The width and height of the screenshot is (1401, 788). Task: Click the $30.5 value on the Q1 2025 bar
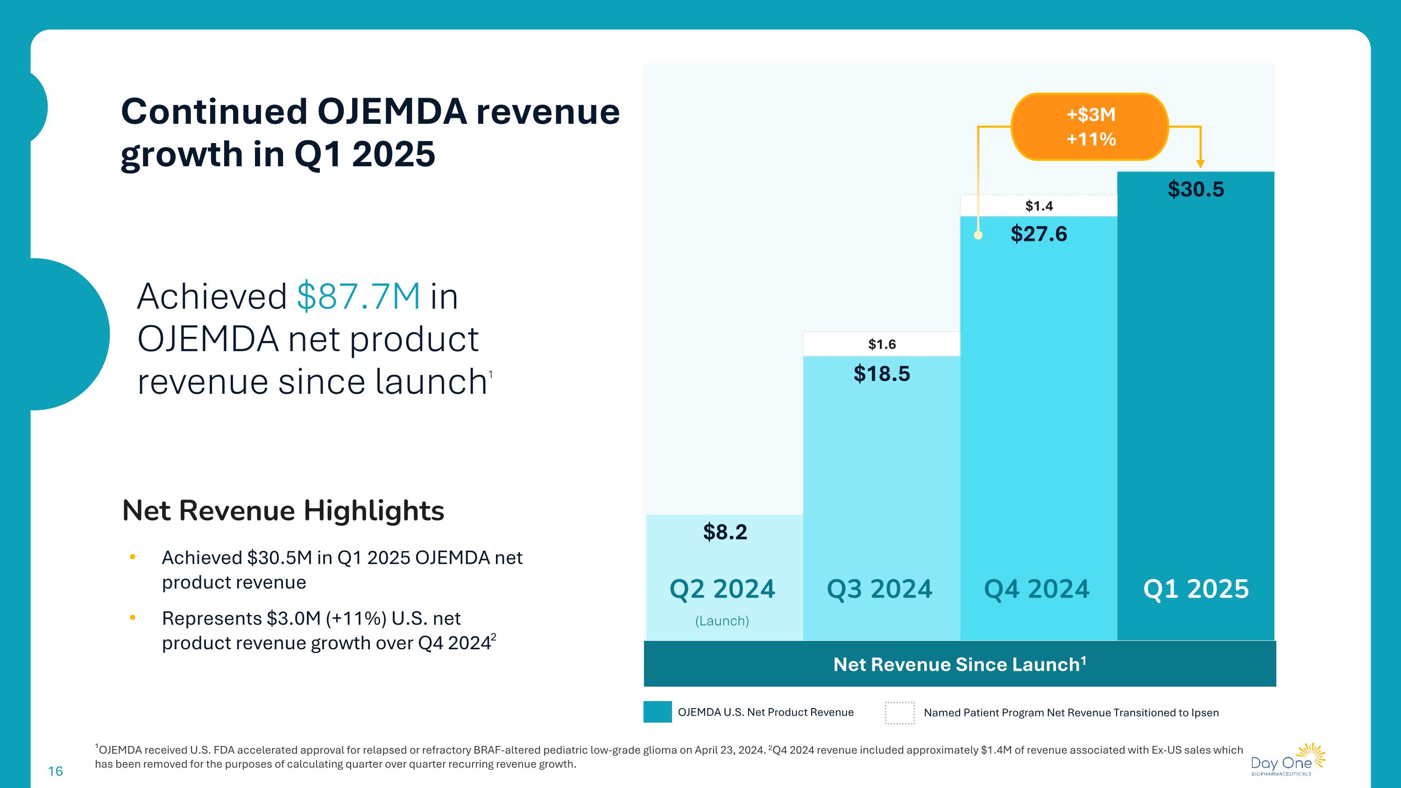pyautogui.click(x=1196, y=189)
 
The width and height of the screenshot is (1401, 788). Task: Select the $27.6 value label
pyautogui.click(x=1039, y=234)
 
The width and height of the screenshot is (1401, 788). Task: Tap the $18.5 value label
pyautogui.click(x=882, y=374)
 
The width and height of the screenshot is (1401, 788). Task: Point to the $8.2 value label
pyautogui.click(x=725, y=532)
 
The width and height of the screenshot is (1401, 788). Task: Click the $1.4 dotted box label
pyautogui.click(x=1039, y=206)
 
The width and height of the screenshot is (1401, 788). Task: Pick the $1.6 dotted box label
pyautogui.click(x=882, y=344)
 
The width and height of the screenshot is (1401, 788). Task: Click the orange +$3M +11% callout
pyautogui.click(x=1090, y=127)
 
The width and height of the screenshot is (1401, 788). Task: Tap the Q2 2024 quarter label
pyautogui.click(x=722, y=589)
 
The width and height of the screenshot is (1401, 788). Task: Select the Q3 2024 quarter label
pyautogui.click(x=879, y=589)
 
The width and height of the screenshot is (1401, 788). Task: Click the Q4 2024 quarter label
pyautogui.click(x=1037, y=589)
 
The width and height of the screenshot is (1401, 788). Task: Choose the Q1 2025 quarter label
pyautogui.click(x=1196, y=589)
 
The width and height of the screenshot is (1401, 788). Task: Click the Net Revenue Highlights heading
pyautogui.click(x=283, y=511)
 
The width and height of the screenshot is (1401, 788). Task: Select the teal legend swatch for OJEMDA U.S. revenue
pyautogui.click(x=657, y=712)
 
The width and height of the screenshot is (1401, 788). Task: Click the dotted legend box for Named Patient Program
pyautogui.click(x=899, y=712)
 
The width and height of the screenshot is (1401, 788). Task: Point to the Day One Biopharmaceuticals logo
pyautogui.click(x=1288, y=760)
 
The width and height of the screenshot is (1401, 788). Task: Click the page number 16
pyautogui.click(x=56, y=771)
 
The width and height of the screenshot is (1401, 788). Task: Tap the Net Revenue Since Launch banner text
pyautogui.click(x=959, y=665)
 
